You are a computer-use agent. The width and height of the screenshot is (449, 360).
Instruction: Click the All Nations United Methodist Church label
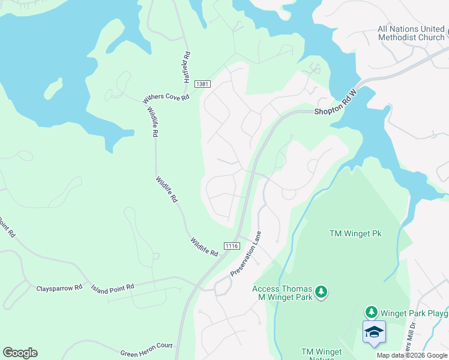click(411, 33)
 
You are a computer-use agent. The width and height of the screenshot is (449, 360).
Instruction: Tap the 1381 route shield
click(203, 85)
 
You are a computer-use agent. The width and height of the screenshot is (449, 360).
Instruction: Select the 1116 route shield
click(232, 246)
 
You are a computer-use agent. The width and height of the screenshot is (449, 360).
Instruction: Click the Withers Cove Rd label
click(166, 98)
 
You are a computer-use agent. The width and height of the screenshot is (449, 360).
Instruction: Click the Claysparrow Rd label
click(59, 288)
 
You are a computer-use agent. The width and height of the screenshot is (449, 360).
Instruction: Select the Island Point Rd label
click(112, 288)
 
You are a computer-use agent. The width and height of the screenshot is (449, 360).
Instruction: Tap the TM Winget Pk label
click(355, 233)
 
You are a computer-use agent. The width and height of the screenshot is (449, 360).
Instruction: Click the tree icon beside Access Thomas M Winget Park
click(322, 292)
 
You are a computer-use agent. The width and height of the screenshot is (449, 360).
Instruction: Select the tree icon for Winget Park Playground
click(372, 311)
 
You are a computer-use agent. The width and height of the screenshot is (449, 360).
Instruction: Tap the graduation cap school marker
click(374, 332)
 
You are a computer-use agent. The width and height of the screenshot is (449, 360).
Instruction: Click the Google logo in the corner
click(20, 352)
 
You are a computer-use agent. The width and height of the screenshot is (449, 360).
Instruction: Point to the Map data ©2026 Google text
click(412, 355)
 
